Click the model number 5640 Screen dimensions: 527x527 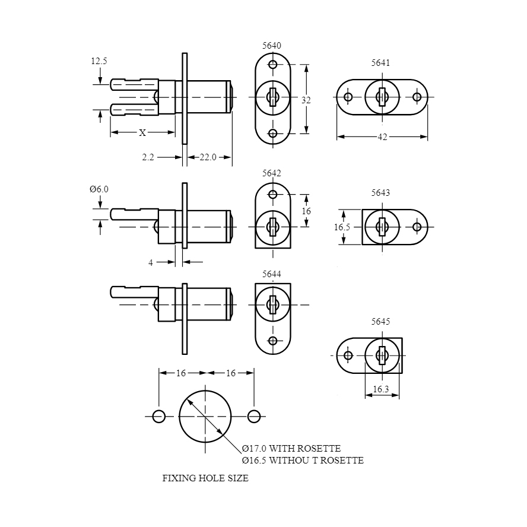click(x=272, y=45)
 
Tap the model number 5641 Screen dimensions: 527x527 click(x=380, y=63)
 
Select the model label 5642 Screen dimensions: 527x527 click(x=272, y=173)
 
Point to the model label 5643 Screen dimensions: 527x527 click(x=380, y=193)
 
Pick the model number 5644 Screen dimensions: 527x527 click(x=272, y=274)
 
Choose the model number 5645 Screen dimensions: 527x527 click(x=380, y=321)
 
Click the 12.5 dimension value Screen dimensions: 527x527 click(x=99, y=61)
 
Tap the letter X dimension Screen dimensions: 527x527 click(x=142, y=133)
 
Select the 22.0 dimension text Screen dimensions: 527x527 click(x=208, y=157)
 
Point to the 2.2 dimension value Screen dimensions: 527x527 click(x=148, y=157)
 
